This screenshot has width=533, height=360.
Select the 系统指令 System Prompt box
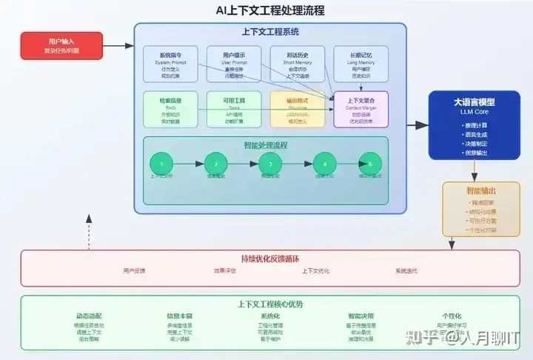[170, 64]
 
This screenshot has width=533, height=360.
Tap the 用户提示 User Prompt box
[234, 64]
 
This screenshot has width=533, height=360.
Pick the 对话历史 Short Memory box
[298, 64]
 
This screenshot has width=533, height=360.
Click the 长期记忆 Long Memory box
[361, 64]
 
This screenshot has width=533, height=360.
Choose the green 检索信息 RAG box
[170, 109]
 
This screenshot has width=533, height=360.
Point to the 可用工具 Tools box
[234, 109]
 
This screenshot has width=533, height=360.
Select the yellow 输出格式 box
[298, 109]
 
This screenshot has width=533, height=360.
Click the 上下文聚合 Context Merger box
[361, 109]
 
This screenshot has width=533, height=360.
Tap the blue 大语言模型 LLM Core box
[474, 125]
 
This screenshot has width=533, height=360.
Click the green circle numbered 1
[161, 164]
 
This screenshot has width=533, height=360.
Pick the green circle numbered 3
[270, 164]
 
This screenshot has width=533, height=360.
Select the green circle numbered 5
[369, 164]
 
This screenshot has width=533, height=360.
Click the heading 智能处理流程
[266, 145]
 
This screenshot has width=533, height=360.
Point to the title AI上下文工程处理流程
[269, 10]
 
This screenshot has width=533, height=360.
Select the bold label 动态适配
[88, 316]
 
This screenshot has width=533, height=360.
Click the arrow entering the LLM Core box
[419, 125]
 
